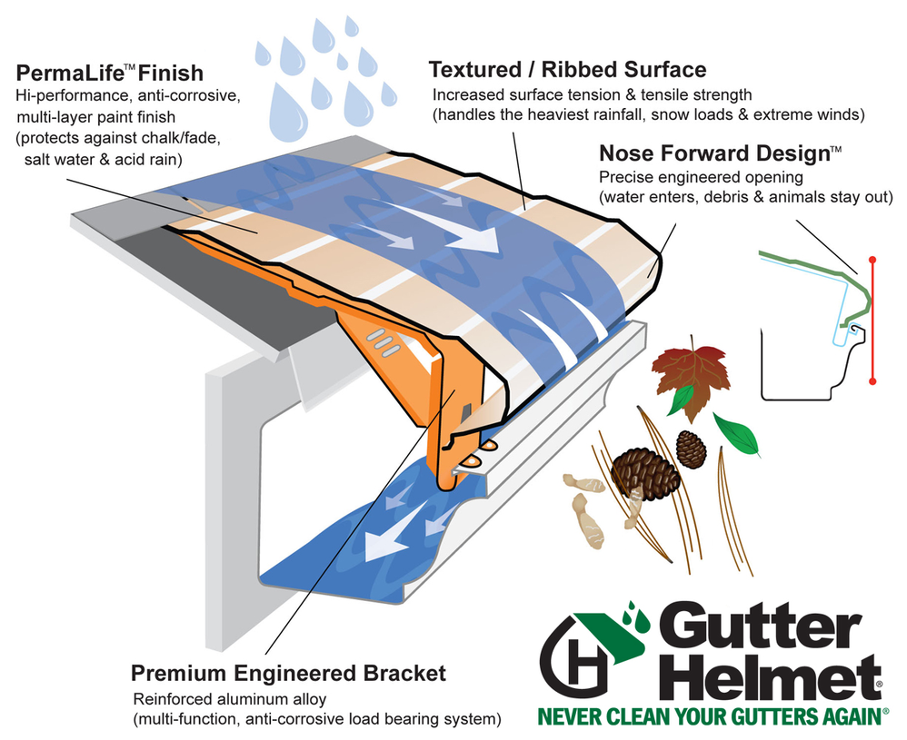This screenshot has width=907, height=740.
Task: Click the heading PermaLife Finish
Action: pos(108,72)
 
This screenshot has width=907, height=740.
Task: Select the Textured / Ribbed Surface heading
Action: pos(567,70)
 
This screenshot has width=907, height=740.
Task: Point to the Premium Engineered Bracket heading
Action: pos(288,673)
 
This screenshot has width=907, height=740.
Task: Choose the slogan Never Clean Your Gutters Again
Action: pos(713,717)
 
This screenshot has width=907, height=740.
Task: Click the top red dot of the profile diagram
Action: pos(873,258)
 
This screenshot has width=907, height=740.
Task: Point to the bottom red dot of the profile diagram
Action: pos(873,381)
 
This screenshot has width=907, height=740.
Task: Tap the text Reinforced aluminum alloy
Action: pos(229,699)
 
